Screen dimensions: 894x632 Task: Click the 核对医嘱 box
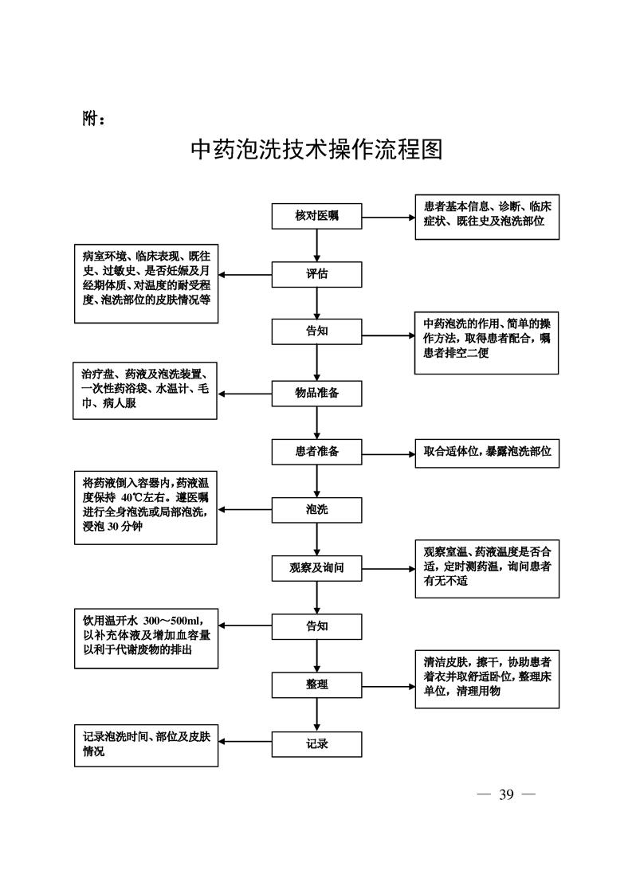316,215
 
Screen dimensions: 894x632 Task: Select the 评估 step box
316,274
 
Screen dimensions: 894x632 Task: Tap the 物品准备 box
316,393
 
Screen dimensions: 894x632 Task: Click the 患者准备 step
316,452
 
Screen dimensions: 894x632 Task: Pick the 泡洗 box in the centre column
316,510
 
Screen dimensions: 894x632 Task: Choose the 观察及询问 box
316,569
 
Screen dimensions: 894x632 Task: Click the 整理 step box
316,684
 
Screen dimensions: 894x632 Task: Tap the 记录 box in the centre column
316,744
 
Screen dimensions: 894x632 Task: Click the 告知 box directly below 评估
316,331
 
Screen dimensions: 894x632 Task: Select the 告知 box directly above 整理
316,626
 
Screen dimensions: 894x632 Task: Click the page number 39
506,794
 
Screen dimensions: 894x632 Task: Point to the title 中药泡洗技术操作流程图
316,149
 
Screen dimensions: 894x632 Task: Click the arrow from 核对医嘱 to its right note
388,215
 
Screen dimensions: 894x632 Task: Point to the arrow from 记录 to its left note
245,743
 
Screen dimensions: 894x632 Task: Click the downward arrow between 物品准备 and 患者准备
317,422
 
